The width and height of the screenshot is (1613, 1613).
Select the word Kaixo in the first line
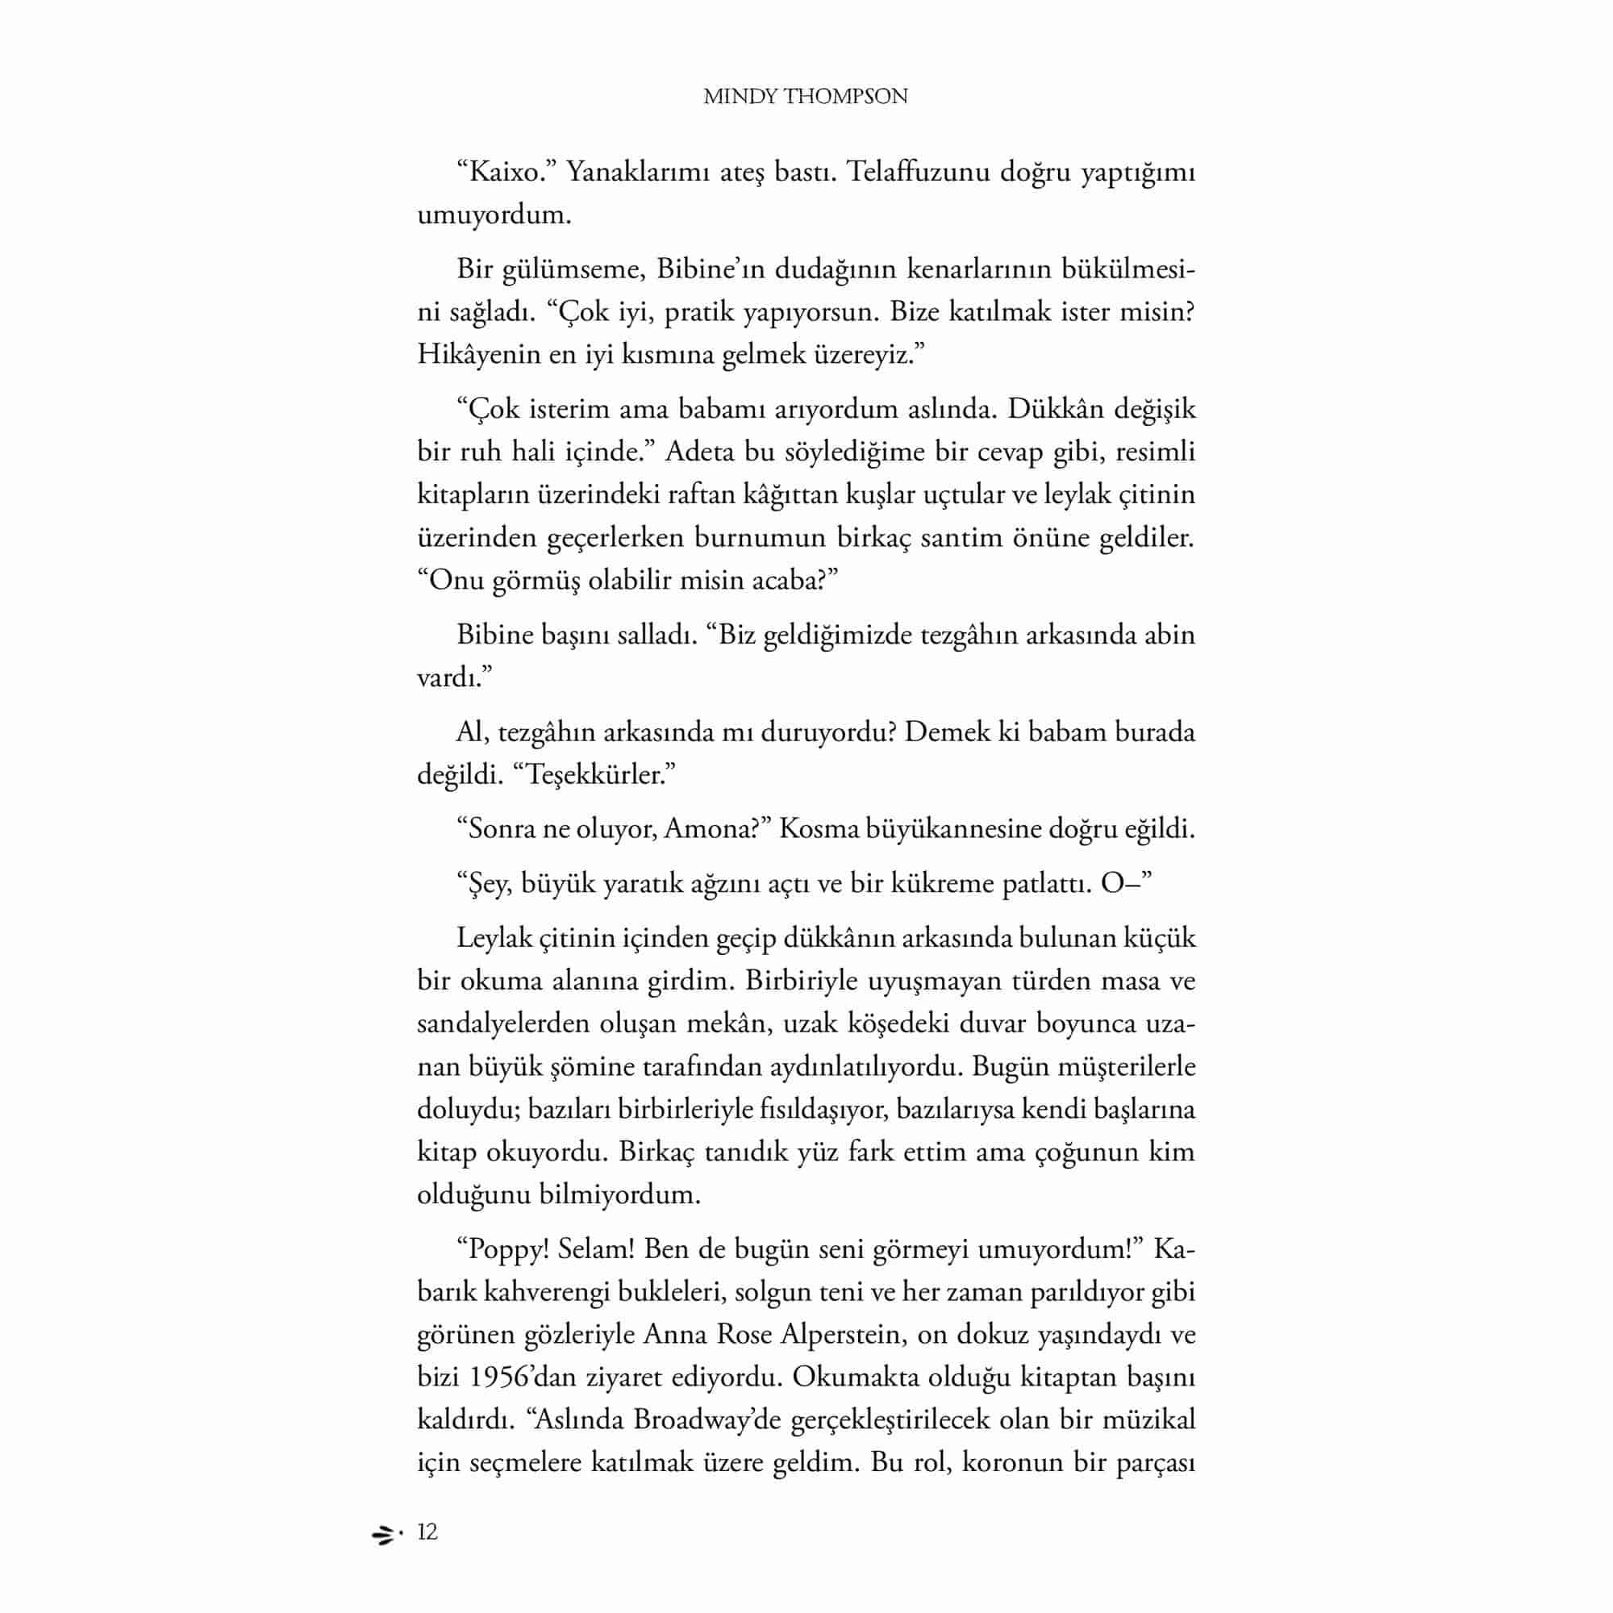(x=503, y=172)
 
